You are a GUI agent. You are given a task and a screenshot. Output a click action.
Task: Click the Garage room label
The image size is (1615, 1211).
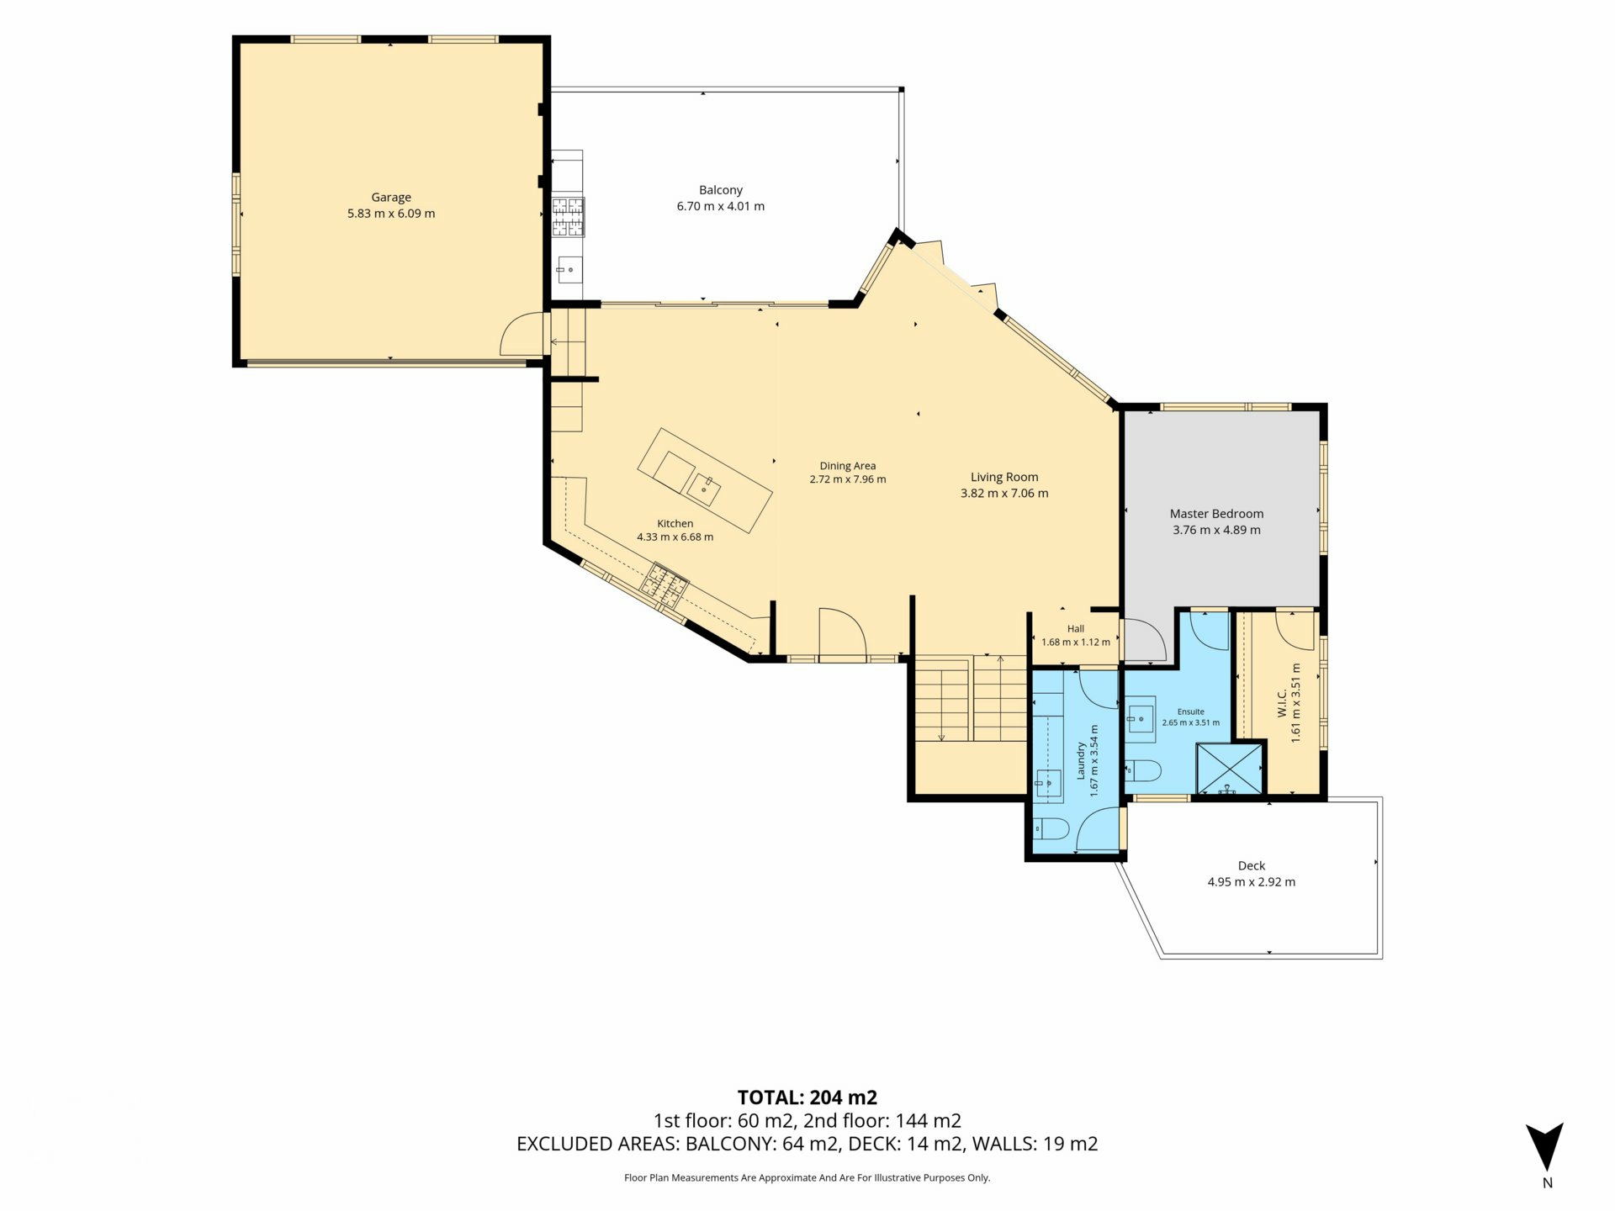pyautogui.click(x=391, y=198)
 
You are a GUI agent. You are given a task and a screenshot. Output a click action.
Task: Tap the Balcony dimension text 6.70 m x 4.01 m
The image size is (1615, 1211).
pyautogui.click(x=721, y=206)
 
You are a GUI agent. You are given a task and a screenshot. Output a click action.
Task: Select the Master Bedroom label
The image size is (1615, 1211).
pyautogui.click(x=1216, y=514)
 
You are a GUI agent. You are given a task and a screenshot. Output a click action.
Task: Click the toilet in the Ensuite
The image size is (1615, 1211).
pyautogui.click(x=1143, y=770)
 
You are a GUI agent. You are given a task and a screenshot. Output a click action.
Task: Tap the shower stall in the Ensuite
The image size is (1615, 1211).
pyautogui.click(x=1229, y=769)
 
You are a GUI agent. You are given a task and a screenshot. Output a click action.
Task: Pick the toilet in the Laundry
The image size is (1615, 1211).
pyautogui.click(x=1051, y=830)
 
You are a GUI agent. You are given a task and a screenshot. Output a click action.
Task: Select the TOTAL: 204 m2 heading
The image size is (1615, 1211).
pyautogui.click(x=807, y=1097)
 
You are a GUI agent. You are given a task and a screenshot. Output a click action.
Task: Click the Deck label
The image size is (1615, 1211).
pyautogui.click(x=1252, y=865)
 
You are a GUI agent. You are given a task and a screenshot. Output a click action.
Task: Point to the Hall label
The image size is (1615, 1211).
pyautogui.click(x=1076, y=628)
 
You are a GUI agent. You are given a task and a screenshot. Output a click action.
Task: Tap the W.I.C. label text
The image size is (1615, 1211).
pyautogui.click(x=1281, y=703)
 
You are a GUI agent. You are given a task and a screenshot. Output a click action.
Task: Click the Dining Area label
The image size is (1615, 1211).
pyautogui.click(x=848, y=466)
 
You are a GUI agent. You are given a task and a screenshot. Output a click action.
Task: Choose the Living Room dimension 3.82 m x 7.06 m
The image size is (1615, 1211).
pyautogui.click(x=1004, y=494)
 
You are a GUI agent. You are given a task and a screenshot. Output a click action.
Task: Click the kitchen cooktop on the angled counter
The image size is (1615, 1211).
pyautogui.click(x=665, y=584)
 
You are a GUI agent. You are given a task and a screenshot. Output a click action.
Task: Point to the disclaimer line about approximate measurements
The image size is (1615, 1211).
pyautogui.click(x=807, y=1178)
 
